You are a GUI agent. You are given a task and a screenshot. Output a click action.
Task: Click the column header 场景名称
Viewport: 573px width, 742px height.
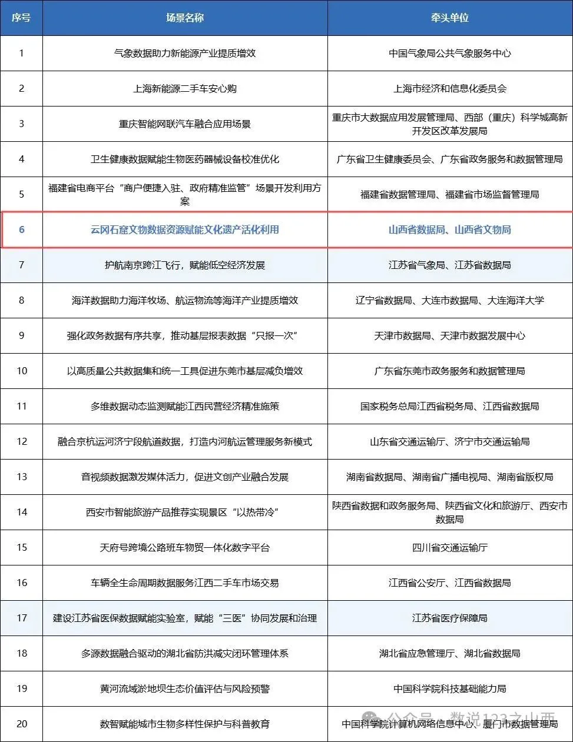[x=185, y=18]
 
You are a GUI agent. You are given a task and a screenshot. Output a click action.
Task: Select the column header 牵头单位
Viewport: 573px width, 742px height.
[x=450, y=18]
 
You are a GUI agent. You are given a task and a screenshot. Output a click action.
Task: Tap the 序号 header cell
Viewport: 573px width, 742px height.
[x=21, y=18]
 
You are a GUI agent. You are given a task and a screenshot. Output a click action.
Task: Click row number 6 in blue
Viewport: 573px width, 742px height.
[x=22, y=229]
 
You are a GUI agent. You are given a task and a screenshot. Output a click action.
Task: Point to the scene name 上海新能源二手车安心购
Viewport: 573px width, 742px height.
[x=185, y=88]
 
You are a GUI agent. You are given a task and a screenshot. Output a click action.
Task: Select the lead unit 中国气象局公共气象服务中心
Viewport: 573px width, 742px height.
[x=450, y=53]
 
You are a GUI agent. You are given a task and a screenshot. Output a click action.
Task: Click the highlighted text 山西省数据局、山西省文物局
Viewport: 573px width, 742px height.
[x=450, y=229]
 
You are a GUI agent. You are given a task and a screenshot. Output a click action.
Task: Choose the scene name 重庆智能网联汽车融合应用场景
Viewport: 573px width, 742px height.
[x=185, y=124]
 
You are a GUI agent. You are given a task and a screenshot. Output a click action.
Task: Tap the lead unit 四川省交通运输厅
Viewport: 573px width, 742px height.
[x=450, y=547]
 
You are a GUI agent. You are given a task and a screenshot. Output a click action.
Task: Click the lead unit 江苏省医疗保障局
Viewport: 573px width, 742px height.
[x=450, y=618]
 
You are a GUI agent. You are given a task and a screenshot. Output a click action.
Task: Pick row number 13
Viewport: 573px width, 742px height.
[x=22, y=477]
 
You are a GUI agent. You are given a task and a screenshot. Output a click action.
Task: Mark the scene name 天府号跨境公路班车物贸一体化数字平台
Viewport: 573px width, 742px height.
[x=185, y=547]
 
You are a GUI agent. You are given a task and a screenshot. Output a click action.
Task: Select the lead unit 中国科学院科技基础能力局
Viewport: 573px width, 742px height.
[x=450, y=688]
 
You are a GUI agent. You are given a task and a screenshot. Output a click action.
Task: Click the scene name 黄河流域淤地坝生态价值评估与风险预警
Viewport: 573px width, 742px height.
[x=185, y=688]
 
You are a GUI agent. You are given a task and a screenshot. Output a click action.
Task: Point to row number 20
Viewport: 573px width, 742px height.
[x=22, y=724]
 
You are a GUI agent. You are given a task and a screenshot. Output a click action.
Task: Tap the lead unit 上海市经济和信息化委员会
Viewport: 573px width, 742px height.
[x=450, y=88]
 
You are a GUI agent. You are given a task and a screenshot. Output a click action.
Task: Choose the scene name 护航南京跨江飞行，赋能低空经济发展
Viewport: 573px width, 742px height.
[x=185, y=265]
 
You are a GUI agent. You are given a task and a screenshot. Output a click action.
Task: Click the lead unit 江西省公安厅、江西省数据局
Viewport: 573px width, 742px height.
[x=450, y=583]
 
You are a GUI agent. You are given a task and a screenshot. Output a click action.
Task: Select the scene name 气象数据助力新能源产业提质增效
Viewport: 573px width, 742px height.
[x=185, y=53]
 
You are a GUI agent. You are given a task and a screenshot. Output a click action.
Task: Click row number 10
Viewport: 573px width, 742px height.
[x=22, y=371]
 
